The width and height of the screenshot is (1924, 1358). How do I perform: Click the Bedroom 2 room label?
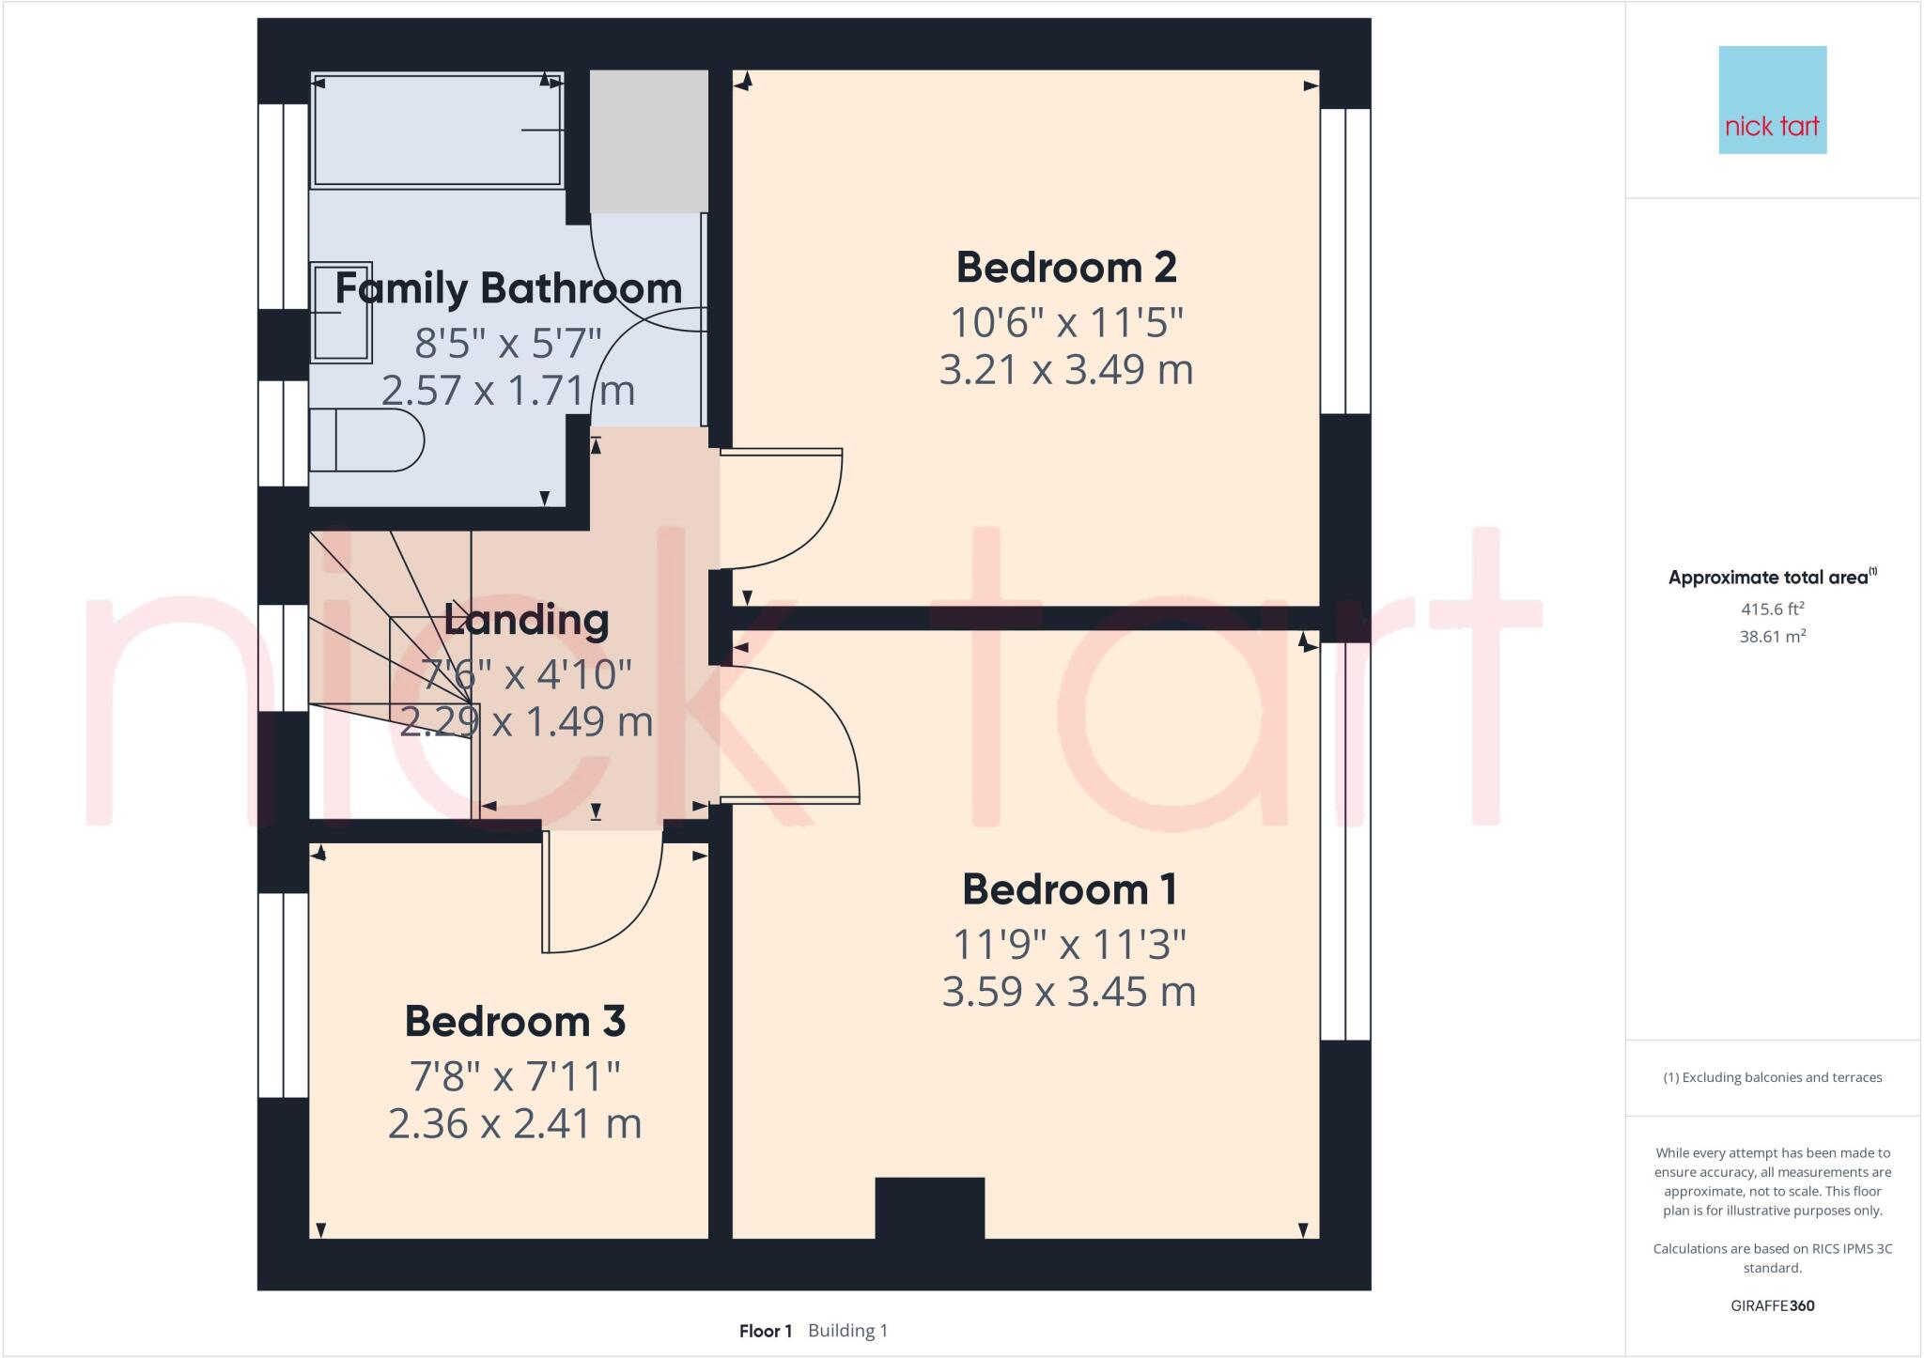1066,268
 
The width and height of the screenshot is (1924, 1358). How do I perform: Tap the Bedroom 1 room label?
1069,889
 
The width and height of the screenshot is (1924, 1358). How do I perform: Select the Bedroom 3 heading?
515,1022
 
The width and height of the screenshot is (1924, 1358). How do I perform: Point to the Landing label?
526,620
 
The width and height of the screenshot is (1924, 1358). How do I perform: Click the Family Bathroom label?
508,288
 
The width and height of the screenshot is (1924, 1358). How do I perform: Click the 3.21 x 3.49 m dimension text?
1066,369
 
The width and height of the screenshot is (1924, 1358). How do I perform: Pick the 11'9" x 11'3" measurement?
1069,944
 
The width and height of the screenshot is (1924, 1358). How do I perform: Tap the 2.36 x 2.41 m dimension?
515,1123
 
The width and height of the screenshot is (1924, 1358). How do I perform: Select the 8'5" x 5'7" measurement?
508,343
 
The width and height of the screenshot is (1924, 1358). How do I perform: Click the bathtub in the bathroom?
438,131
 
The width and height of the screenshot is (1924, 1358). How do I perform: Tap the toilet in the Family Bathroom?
366,440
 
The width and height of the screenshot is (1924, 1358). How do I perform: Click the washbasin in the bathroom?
341,312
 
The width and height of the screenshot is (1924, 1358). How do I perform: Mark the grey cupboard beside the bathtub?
648,141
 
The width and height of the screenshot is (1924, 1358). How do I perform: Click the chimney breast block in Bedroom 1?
929,1209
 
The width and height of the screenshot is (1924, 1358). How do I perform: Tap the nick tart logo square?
1772,100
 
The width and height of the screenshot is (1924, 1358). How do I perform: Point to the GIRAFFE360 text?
1772,1305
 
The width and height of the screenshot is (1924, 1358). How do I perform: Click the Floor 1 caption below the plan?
766,1331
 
